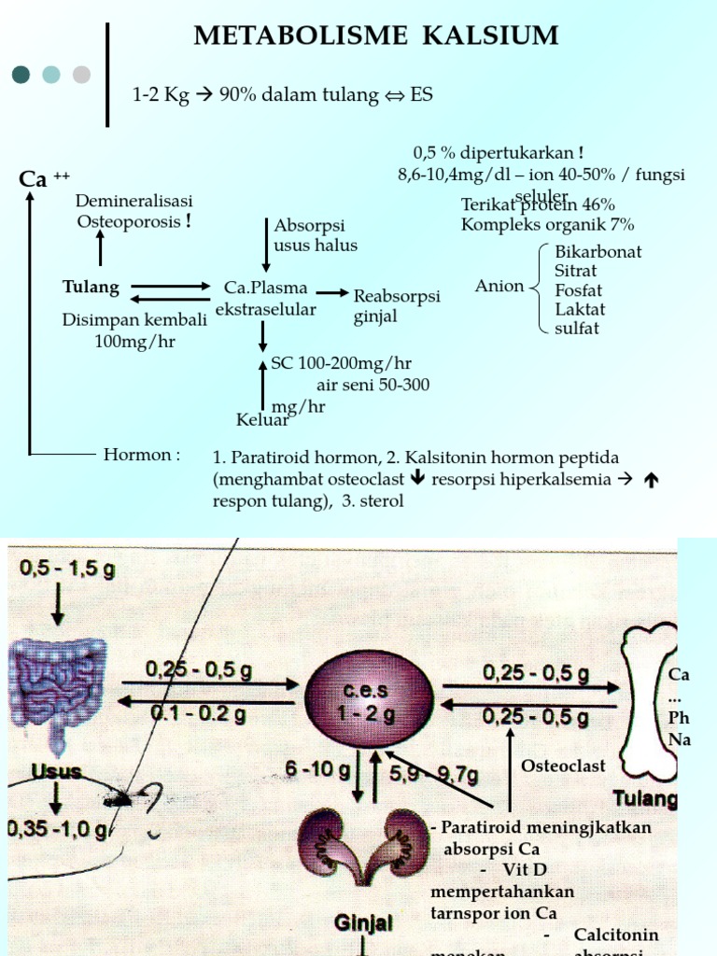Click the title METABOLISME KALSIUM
pyautogui.click(x=375, y=35)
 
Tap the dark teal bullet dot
pyautogui.click(x=21, y=75)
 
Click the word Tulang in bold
pyautogui.click(x=91, y=287)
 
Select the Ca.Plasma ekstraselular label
pyautogui.click(x=265, y=299)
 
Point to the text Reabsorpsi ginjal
pyautogui.click(x=396, y=306)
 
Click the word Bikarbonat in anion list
pyautogui.click(x=597, y=252)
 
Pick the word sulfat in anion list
pyautogui.click(x=576, y=329)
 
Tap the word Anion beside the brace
pyautogui.click(x=499, y=286)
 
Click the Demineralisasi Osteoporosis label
pyautogui.click(x=134, y=211)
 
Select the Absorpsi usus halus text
pyautogui.click(x=315, y=236)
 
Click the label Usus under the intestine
pyautogui.click(x=56, y=772)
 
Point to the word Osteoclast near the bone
pyautogui.click(x=563, y=766)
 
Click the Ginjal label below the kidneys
pyautogui.click(x=363, y=922)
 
